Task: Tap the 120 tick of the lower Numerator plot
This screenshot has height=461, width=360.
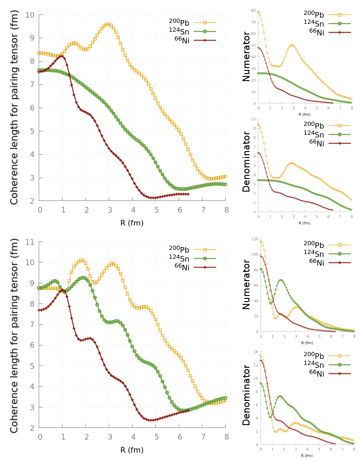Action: (x=255, y=239)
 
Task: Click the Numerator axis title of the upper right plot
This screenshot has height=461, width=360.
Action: (x=246, y=56)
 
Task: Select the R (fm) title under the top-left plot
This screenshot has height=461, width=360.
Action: (x=132, y=223)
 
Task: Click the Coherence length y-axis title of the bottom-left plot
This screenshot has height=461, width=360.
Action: (x=14, y=335)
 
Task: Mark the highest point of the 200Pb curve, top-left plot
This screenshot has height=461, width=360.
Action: (x=108, y=24)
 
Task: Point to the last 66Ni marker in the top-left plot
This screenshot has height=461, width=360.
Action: (x=188, y=194)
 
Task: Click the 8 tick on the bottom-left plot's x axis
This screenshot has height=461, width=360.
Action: (x=226, y=437)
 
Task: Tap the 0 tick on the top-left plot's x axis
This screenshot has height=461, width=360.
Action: (x=40, y=210)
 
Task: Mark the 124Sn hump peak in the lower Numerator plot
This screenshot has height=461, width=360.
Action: (x=281, y=280)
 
